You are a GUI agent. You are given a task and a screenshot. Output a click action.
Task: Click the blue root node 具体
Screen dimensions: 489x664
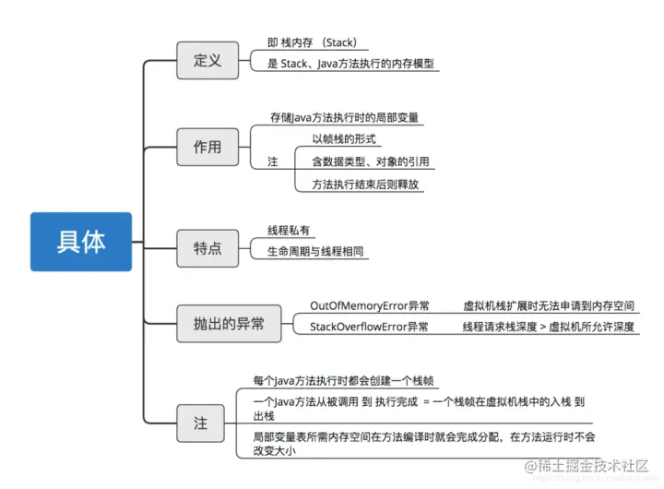point(81,242)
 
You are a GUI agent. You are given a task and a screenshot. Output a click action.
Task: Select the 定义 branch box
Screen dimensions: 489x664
point(207,61)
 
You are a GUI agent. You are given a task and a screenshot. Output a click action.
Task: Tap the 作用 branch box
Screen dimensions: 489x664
point(207,147)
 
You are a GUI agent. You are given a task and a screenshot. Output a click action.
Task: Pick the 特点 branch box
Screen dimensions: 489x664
point(207,247)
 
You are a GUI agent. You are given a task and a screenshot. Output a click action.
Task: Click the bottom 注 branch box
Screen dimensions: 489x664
point(200,423)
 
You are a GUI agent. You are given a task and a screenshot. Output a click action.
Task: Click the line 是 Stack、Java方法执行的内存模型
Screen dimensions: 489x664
point(350,65)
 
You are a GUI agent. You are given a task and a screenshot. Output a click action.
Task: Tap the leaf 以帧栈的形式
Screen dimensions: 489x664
point(347,139)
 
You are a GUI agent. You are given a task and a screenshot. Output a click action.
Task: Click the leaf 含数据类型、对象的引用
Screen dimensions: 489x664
point(370,161)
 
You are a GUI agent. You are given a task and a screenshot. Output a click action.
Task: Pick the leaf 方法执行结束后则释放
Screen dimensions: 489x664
point(366,184)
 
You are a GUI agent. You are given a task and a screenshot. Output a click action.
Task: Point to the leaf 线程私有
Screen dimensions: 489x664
point(289,231)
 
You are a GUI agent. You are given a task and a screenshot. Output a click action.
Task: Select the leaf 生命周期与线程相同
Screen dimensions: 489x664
point(314,251)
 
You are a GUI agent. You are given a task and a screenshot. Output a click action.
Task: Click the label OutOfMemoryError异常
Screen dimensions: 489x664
point(369,305)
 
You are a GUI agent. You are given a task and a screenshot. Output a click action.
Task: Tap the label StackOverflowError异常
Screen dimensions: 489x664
point(369,327)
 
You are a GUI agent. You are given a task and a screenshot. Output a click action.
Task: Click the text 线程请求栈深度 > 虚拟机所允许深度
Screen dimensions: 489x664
point(549,327)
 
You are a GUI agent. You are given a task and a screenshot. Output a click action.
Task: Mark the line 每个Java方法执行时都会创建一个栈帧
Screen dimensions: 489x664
point(343,380)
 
